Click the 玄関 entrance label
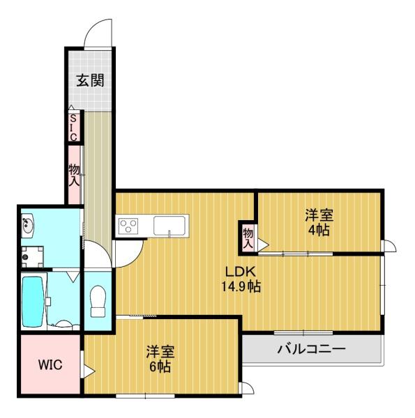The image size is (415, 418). click(91, 80)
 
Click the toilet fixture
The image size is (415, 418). click(97, 300)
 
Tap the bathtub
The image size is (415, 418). click(33, 299)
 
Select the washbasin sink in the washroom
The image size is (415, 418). click(28, 226)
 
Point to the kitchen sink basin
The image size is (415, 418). click(169, 226)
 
